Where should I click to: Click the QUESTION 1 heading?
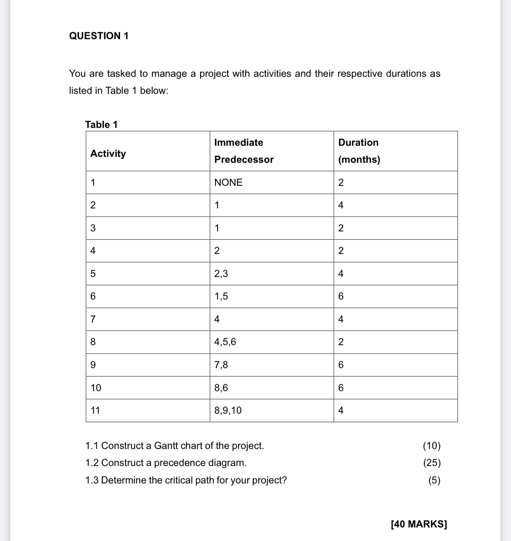[99, 36]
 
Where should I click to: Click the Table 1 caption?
[101, 124]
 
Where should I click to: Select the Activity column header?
[108, 153]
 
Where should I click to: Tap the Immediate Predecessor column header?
[244, 151]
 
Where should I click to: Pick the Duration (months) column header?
[359, 151]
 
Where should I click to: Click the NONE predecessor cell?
[229, 182]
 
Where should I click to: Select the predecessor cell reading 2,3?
[221, 273]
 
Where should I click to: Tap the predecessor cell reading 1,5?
[221, 296]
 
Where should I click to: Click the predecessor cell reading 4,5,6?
[225, 342]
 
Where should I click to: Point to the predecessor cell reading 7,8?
[221, 365]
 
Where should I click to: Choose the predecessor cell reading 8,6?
[221, 388]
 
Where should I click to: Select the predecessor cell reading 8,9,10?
[228, 410]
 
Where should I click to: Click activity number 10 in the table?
[96, 388]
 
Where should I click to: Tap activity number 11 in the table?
[95, 410]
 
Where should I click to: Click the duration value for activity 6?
[341, 296]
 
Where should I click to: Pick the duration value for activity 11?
[341, 410]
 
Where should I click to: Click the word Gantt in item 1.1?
[166, 446]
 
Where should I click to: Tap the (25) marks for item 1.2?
[432, 463]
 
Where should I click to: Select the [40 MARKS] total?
[419, 524]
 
